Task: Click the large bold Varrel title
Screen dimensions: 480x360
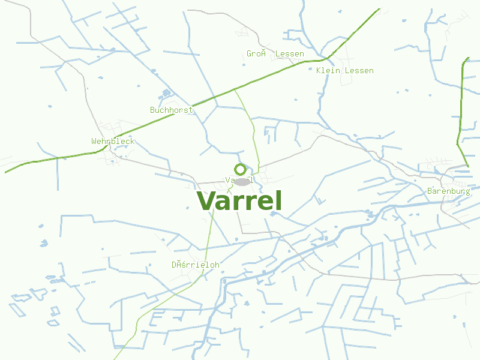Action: pos(239,201)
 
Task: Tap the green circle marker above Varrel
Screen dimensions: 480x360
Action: pos(240,170)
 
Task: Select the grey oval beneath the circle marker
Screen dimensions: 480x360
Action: pos(242,181)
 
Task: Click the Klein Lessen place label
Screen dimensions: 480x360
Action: pos(344,71)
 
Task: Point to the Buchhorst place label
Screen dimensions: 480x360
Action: pos(172,110)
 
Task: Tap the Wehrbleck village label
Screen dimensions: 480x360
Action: pos(113,142)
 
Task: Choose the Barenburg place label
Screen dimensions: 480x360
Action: pos(448,191)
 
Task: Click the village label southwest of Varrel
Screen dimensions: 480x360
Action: pos(196,265)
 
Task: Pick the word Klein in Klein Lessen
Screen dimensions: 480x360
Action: pos(328,71)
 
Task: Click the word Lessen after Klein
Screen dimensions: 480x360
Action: pos(359,71)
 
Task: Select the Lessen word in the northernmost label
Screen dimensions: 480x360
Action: pos(289,54)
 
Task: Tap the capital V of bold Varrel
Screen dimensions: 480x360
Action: pos(206,202)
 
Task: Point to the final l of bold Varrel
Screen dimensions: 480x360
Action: pos(278,200)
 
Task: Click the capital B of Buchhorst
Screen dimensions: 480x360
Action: pos(153,110)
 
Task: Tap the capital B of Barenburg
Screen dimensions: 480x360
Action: pos(430,191)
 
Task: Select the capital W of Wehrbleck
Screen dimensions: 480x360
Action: pos(94,142)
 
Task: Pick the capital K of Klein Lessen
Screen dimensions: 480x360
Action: pos(319,71)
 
